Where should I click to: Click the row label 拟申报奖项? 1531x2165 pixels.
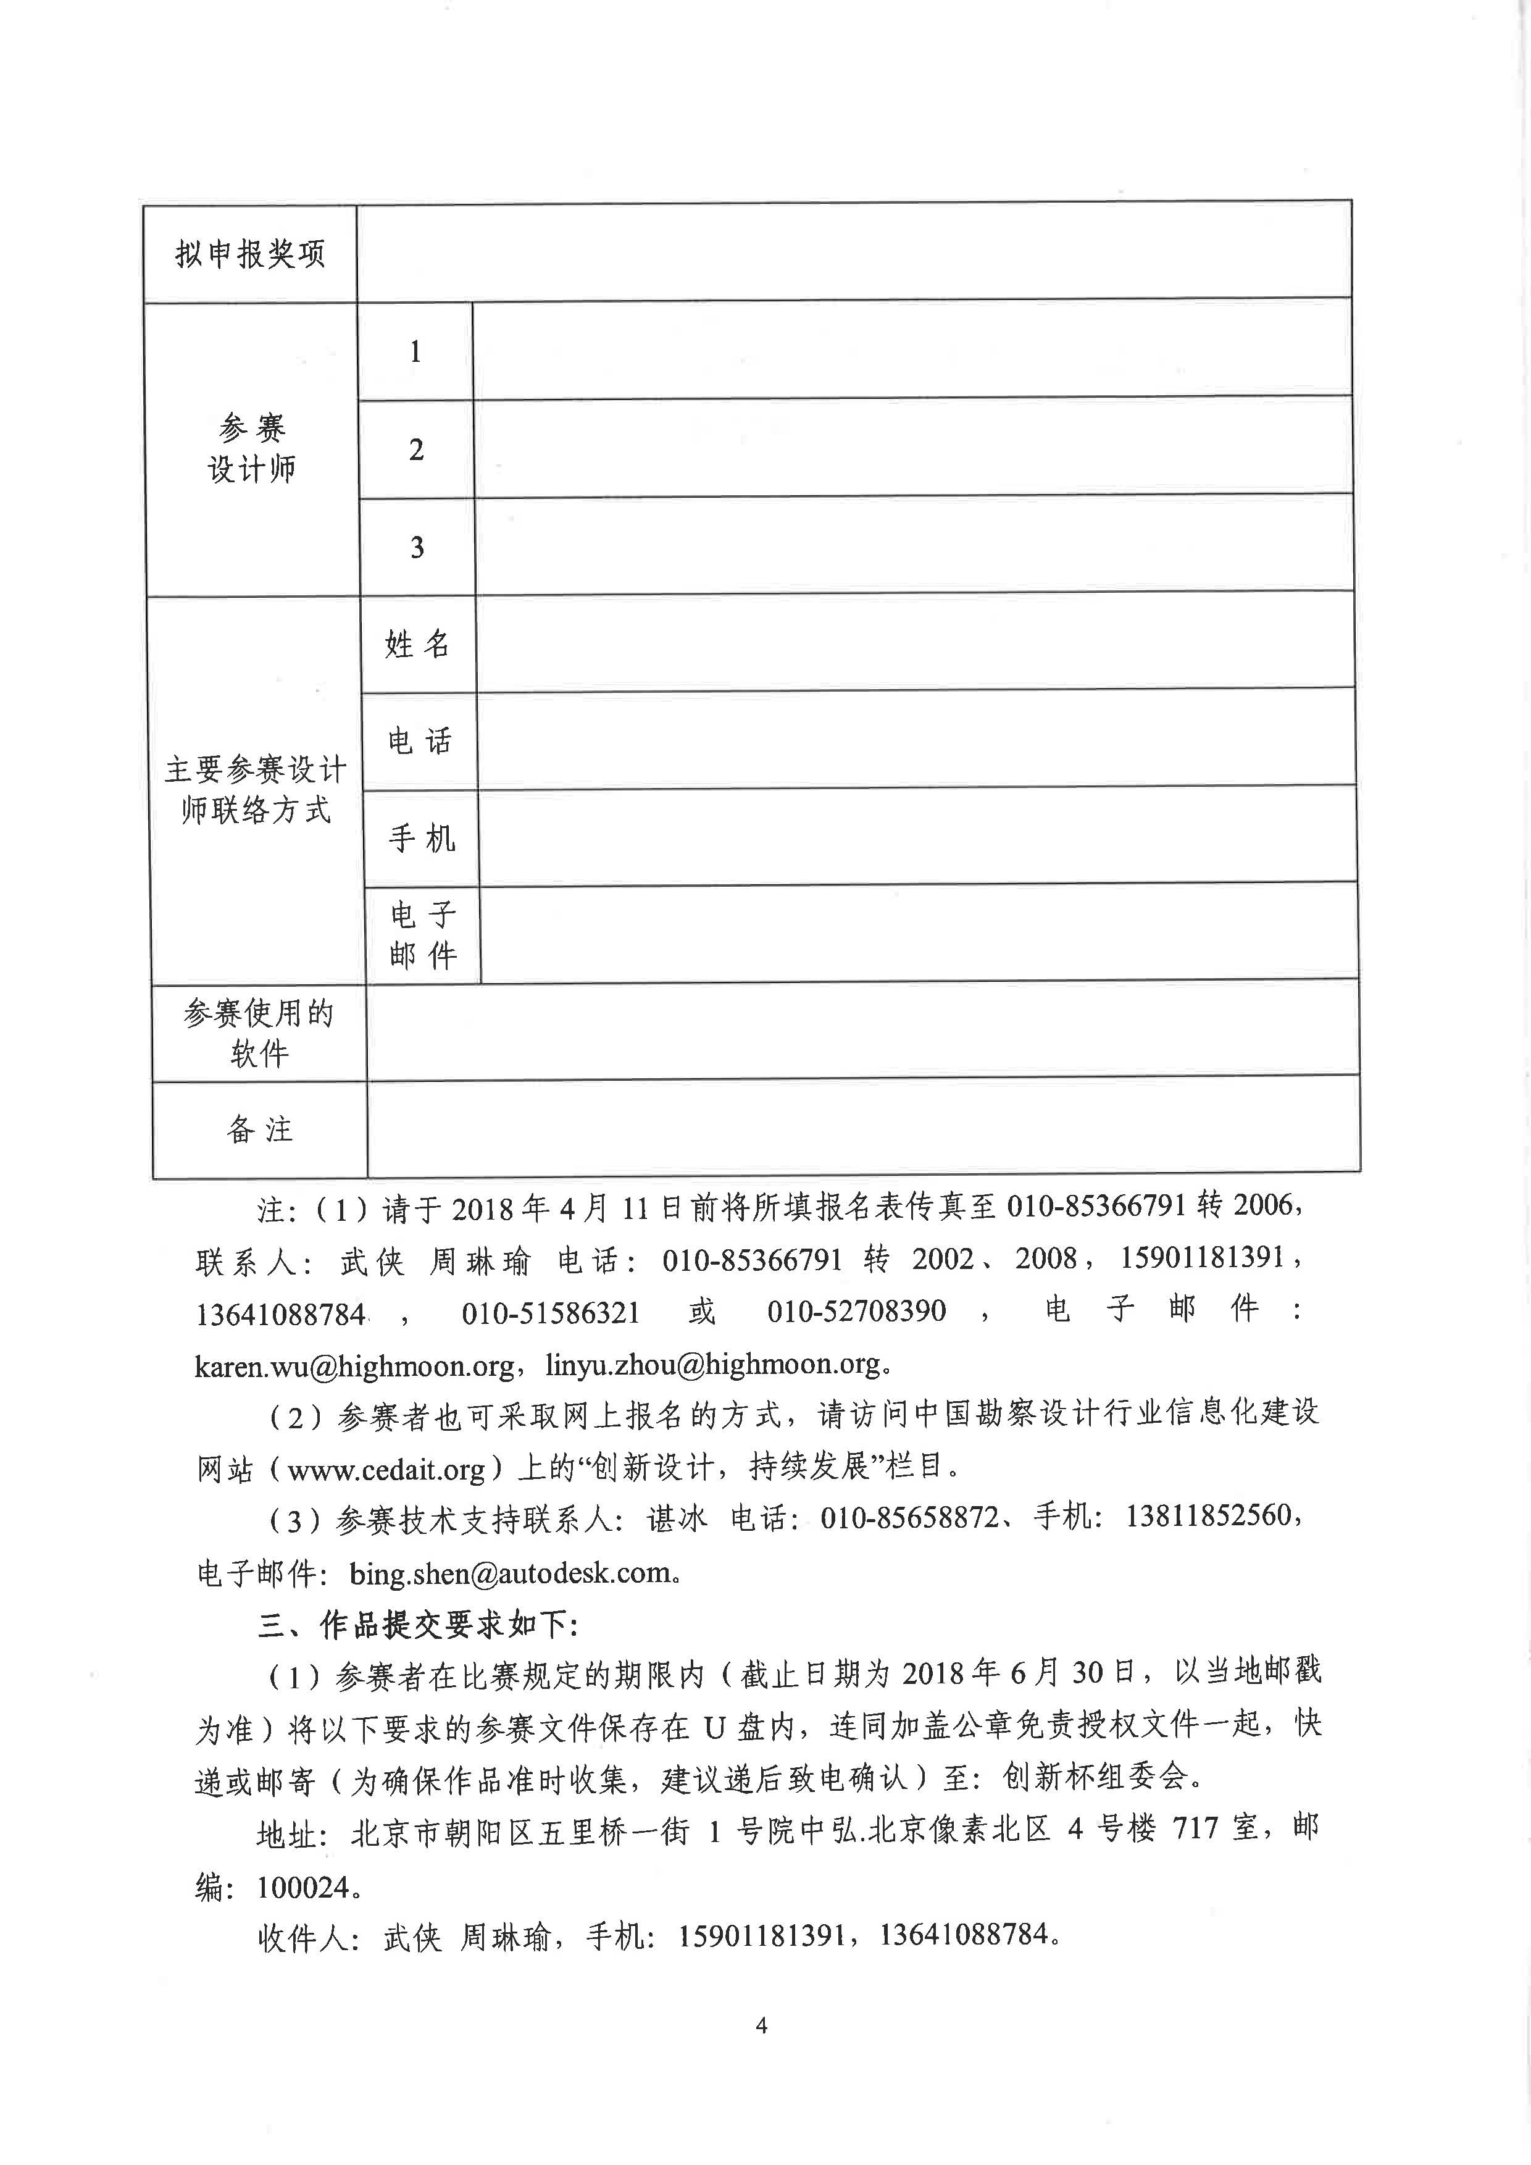(250, 254)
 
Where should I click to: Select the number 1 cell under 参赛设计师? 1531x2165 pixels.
(415, 352)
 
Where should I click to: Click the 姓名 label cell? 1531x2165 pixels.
(418, 644)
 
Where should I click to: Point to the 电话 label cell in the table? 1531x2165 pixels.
(420, 741)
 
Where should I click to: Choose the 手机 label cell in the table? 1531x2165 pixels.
(422, 839)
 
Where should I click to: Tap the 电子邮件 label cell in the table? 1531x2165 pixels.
(423, 934)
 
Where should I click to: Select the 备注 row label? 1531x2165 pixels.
(260, 1129)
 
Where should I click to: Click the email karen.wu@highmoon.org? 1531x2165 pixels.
(354, 1365)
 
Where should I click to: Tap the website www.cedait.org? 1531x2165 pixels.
(386, 1469)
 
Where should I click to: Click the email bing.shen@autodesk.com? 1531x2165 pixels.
(509, 1573)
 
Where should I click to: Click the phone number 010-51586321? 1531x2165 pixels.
(551, 1312)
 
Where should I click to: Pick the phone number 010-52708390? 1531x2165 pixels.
(856, 1311)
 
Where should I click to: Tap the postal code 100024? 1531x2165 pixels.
(304, 1888)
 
